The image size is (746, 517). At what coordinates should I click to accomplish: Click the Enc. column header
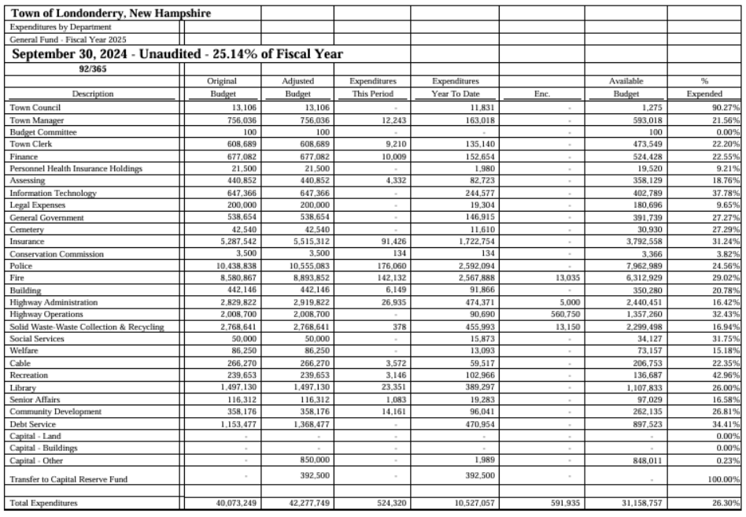541,94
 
